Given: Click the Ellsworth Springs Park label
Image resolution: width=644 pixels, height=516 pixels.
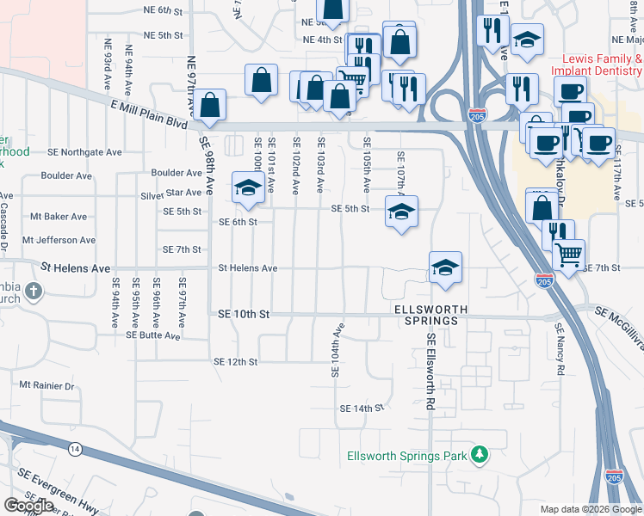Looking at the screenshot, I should point(406,456).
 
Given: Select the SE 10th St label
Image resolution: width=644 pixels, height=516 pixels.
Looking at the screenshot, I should point(244,315).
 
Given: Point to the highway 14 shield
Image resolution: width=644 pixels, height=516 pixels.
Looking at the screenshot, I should point(75,449).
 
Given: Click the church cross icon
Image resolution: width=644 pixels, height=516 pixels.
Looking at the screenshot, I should point(34,291).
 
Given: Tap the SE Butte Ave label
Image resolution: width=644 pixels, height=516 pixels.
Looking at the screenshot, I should point(153,335).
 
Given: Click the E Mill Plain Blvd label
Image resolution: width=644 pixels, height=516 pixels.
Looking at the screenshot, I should point(149,112).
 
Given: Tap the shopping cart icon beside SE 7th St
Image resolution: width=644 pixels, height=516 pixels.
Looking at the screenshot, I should point(568,255).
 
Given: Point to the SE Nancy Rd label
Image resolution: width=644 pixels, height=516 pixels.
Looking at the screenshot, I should point(560,348).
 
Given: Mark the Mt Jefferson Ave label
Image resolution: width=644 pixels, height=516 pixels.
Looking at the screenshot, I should point(59,240).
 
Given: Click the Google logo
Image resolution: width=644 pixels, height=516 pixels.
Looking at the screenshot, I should point(29,506).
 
